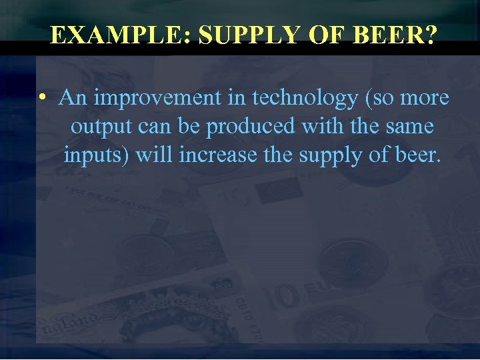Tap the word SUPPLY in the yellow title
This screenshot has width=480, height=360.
pos(244,35)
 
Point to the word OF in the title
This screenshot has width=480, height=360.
pos(325,35)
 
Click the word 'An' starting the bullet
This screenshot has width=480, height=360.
pos(73,99)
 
